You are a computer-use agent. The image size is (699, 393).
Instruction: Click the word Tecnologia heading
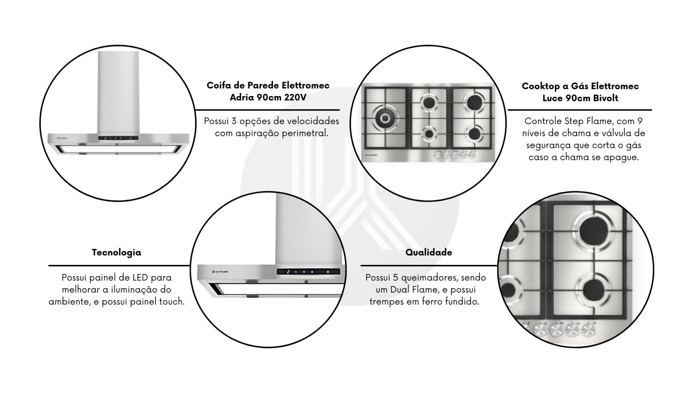pos(116,252)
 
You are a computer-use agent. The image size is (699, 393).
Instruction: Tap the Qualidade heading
pos(429,252)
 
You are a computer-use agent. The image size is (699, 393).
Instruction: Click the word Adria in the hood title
pos(242,98)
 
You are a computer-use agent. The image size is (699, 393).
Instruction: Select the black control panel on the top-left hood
pos(118,138)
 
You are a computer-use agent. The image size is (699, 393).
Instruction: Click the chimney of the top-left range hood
pos(118,93)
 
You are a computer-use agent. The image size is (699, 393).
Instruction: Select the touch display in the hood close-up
pos(308,272)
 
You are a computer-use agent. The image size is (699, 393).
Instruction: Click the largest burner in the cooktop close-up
pos(592,232)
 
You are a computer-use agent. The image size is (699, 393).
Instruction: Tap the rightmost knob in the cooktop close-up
pos(588,330)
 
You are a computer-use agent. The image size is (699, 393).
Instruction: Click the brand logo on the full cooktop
pos(371,155)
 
